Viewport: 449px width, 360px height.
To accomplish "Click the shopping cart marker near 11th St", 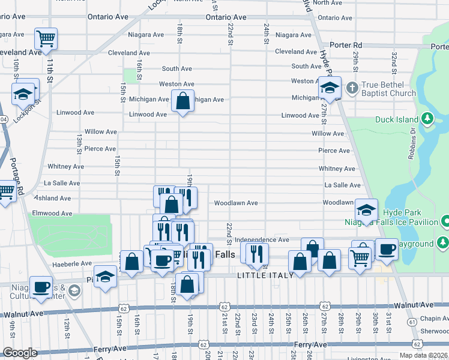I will pos(46,39).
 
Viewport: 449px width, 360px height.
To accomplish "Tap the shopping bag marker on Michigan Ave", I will pos(183,101).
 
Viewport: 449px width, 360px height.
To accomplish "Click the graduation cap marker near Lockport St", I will pos(23,94).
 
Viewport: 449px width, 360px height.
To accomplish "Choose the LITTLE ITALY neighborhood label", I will pos(265,275).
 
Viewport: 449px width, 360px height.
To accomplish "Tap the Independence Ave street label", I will pos(262,240).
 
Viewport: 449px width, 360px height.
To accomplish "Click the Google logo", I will pos(19,353).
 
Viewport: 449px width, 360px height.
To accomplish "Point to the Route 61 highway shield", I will pos(412,322).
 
